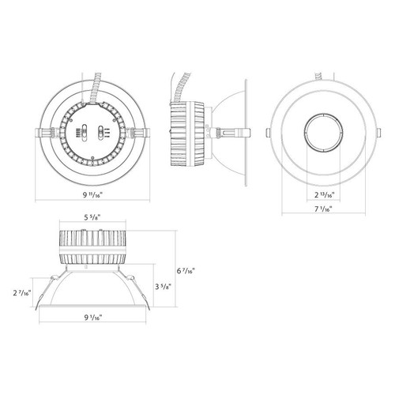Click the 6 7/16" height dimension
[x=185, y=270]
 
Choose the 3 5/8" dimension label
[x=163, y=287]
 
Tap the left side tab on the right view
[x=270, y=131]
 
